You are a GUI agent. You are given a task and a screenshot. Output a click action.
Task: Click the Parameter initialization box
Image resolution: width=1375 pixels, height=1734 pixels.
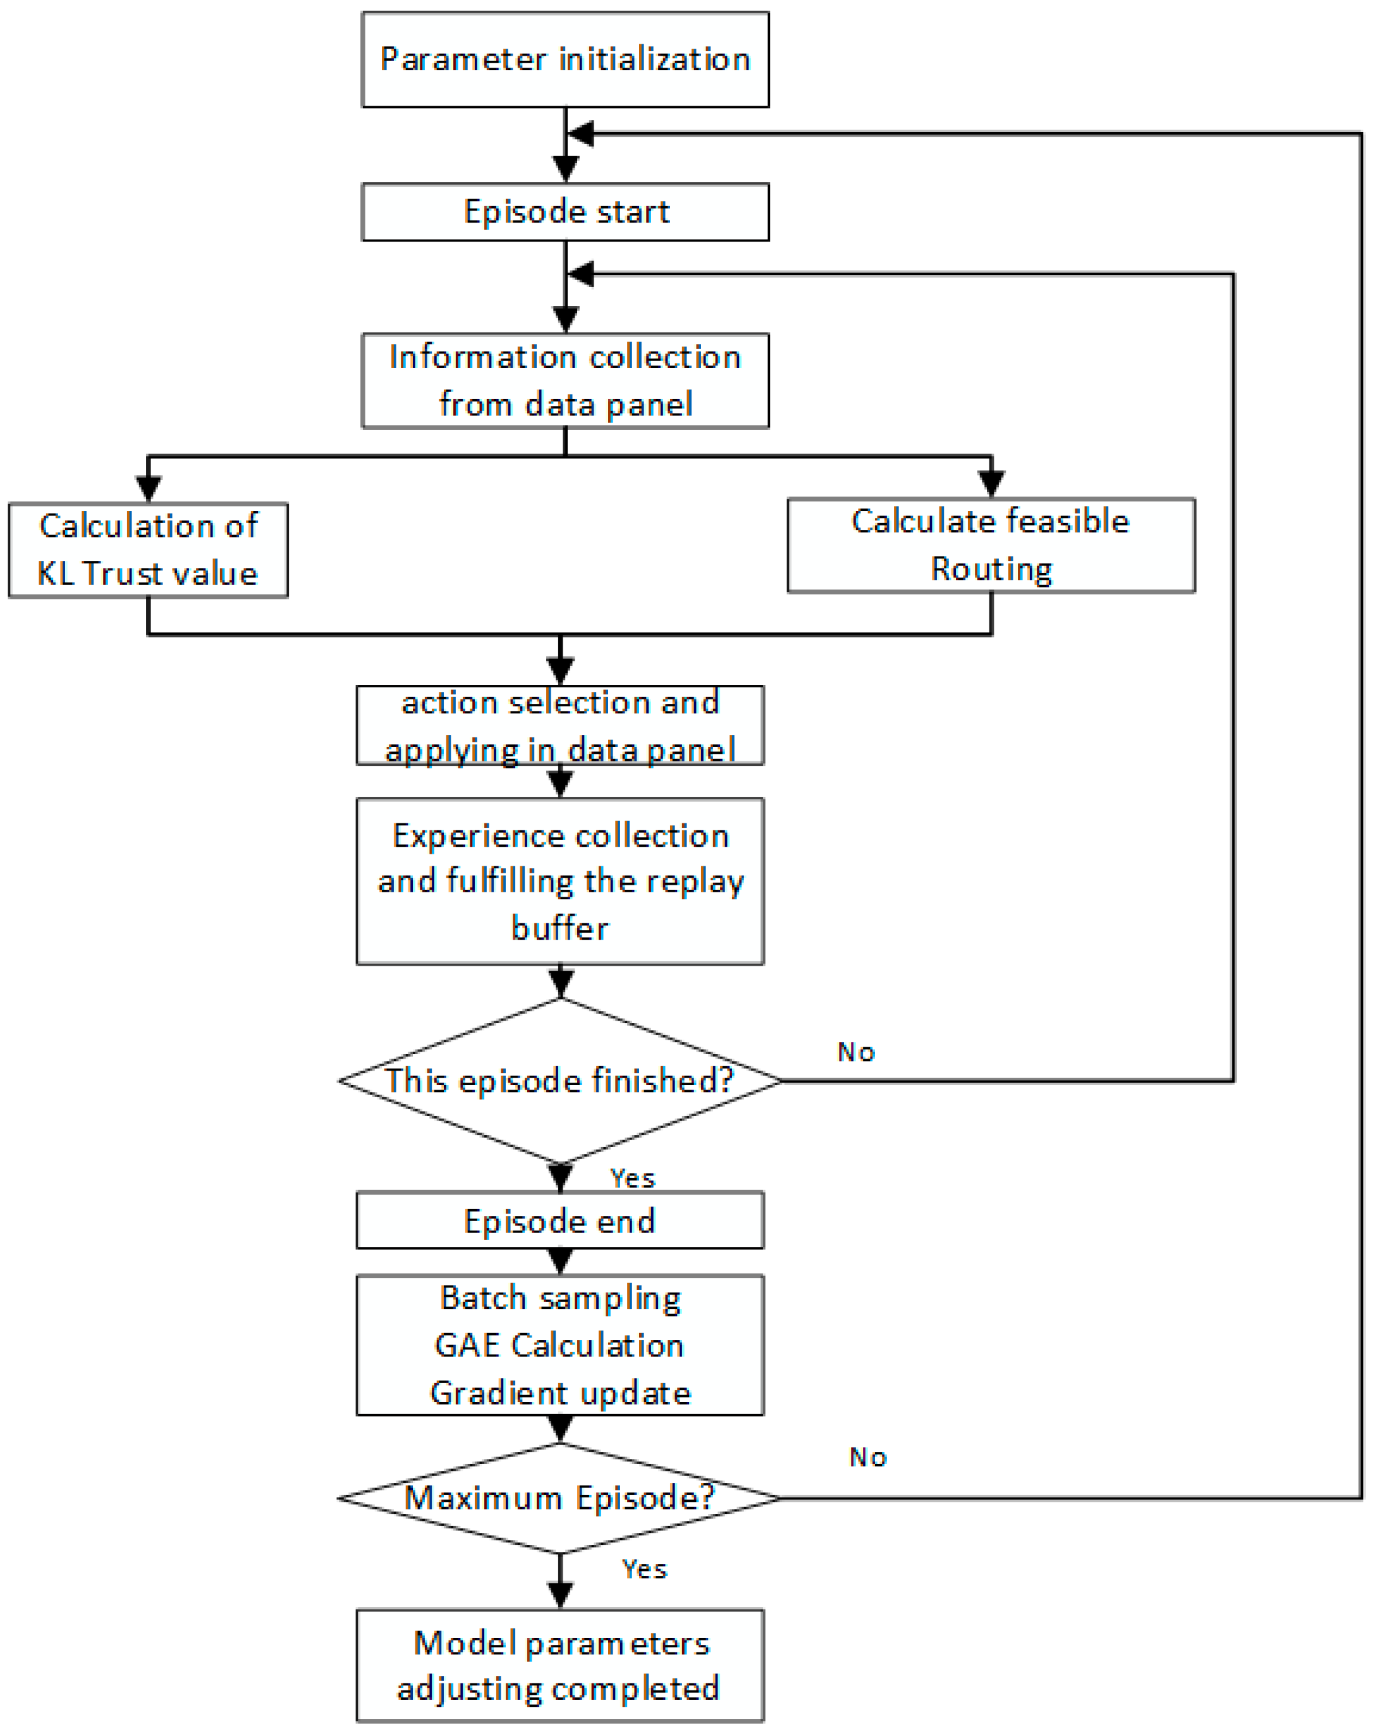pos(565,59)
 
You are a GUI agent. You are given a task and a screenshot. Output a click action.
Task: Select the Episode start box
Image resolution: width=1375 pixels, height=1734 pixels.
pos(565,211)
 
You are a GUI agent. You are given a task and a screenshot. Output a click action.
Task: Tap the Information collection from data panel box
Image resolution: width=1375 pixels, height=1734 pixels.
pos(565,381)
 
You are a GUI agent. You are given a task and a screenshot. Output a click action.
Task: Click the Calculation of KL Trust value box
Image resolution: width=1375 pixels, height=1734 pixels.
pos(148,550)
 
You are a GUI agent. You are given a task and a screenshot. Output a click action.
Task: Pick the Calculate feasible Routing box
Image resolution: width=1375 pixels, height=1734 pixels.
pos(990,544)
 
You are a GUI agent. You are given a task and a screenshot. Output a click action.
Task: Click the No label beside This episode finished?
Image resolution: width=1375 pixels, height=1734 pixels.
pos(855,1052)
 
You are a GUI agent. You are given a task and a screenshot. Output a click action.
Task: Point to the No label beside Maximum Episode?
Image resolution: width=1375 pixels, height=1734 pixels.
pos(867,1456)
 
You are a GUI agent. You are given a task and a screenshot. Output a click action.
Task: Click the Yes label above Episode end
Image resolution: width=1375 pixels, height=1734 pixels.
pos(633,1178)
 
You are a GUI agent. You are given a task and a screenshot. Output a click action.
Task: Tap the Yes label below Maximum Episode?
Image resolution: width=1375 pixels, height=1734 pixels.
pos(644,1568)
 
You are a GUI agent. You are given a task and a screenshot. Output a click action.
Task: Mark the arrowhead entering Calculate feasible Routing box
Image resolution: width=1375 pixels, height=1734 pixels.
pos(991,483)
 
